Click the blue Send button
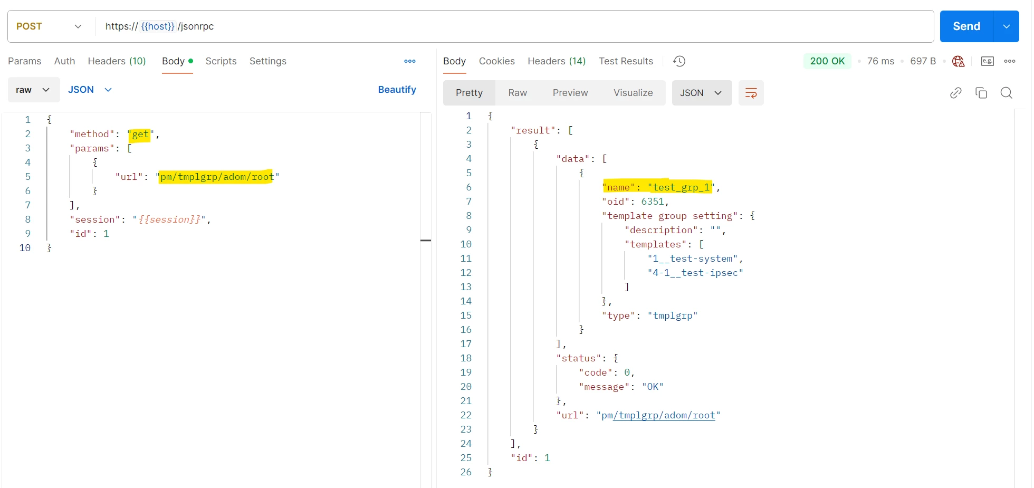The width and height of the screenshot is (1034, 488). click(x=966, y=26)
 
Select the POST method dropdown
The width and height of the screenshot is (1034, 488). click(x=49, y=26)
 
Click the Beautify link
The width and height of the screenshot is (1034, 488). click(x=397, y=90)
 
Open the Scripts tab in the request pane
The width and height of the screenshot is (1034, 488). click(x=221, y=61)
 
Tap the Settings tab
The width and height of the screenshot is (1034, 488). click(x=268, y=61)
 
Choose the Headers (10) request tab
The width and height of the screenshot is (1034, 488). click(x=117, y=61)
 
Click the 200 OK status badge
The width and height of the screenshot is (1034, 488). click(x=827, y=61)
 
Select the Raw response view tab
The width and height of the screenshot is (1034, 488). click(x=518, y=93)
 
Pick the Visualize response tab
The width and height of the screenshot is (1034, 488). click(x=633, y=93)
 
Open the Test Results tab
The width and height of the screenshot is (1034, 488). click(x=626, y=61)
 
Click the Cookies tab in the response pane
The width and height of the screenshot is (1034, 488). click(x=496, y=61)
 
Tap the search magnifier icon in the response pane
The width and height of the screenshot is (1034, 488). click(x=1007, y=93)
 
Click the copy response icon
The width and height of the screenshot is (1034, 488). click(x=981, y=93)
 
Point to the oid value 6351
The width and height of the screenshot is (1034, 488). click(x=653, y=202)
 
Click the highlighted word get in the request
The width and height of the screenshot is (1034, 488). click(x=140, y=134)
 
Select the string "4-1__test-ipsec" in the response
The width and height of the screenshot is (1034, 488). click(x=695, y=273)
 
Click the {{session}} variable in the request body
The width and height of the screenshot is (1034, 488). click(x=169, y=219)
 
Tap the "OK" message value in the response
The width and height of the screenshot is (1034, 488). click(x=653, y=387)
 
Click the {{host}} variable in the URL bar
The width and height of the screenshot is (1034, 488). click(x=158, y=26)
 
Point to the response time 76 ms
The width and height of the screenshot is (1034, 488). click(x=880, y=61)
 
